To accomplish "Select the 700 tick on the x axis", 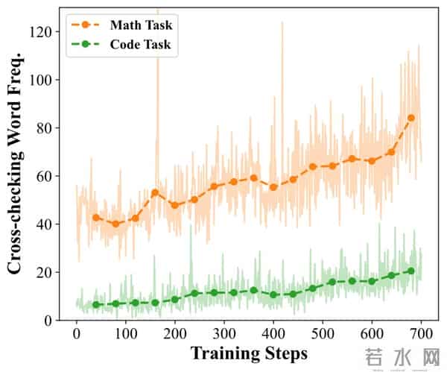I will [421, 332].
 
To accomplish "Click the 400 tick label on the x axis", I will [273, 332].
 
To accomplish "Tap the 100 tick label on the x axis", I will [126, 332].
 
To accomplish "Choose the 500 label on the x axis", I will [323, 332].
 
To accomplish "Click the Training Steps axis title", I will [249, 352].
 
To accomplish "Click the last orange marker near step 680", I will [411, 118].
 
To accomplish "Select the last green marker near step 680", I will [411, 271].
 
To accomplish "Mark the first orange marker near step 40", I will [96, 218].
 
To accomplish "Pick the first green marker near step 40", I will [96, 305].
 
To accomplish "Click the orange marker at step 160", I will [155, 192].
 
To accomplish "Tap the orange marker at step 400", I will [273, 187].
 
